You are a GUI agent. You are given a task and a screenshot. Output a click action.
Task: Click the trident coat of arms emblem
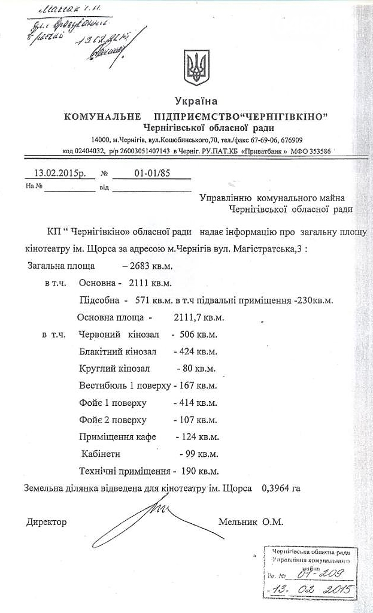(x=196, y=67)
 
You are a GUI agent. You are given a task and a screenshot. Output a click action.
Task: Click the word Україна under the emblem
(x=196, y=101)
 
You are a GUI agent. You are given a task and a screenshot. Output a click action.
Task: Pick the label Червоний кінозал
(x=117, y=334)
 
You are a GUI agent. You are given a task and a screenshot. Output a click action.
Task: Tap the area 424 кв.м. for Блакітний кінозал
(x=195, y=351)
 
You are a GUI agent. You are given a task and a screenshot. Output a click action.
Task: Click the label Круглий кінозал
(x=114, y=368)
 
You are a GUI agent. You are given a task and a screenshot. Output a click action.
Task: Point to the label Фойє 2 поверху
(x=113, y=420)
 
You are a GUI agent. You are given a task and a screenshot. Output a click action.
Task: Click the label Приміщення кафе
(x=117, y=436)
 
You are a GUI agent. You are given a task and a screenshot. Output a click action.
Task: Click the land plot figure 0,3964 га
(x=280, y=488)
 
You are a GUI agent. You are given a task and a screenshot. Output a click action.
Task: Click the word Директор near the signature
(x=47, y=522)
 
